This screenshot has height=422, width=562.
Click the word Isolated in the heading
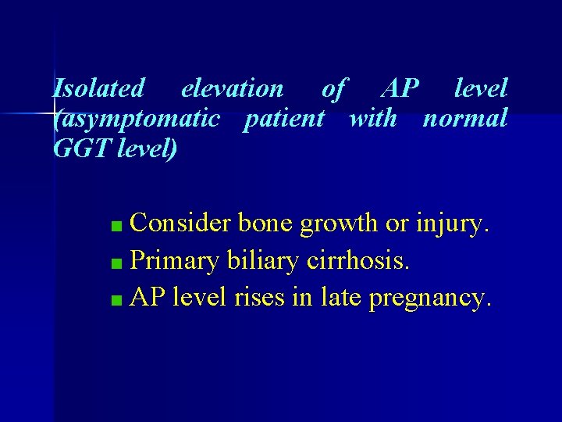pos(98,89)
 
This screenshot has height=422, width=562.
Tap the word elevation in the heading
pos(232,89)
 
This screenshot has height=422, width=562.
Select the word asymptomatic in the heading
pos(139,119)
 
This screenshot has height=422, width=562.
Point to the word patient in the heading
pos(283,119)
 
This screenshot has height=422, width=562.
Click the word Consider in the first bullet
pos(180,224)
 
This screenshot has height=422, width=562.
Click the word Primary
pos(175,261)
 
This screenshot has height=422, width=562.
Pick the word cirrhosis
pos(356,260)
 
